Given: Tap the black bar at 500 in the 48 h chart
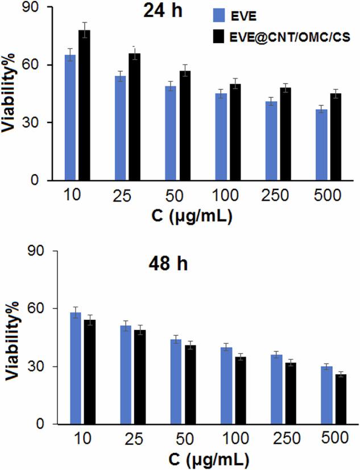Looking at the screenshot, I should (x=341, y=399).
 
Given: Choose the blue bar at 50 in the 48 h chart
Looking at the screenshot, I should (x=176, y=382).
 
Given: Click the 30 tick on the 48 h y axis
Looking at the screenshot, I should (x=40, y=366).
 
